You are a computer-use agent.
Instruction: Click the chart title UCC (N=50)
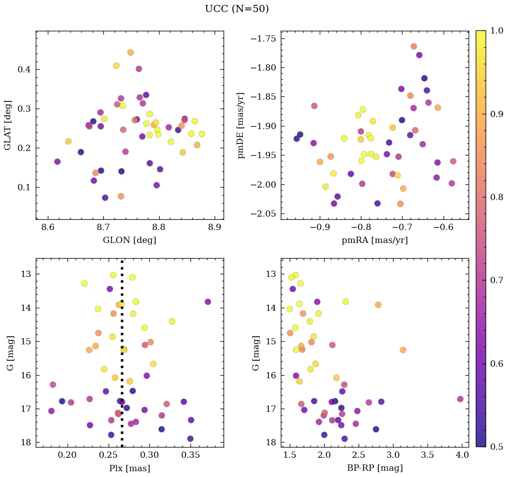pos(237,9)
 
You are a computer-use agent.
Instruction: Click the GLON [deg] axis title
pos(129,240)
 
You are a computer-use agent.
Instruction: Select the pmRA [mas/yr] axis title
pos(375,240)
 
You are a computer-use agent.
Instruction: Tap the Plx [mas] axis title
pos(129,468)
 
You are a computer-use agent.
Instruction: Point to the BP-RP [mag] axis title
pos(375,468)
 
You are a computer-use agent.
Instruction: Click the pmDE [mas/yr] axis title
pos(241,125)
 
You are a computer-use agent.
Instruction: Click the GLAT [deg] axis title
pos(8,125)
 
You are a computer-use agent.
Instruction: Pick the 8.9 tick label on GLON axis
pos(215,228)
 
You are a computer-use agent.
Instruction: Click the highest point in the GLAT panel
pos(131,52)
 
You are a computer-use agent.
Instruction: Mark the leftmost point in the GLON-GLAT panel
pos(57,162)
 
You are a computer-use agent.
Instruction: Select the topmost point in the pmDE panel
pos(414,46)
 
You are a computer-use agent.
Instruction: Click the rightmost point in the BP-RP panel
pos(460,399)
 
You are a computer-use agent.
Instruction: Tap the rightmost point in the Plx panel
pos(207,302)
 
